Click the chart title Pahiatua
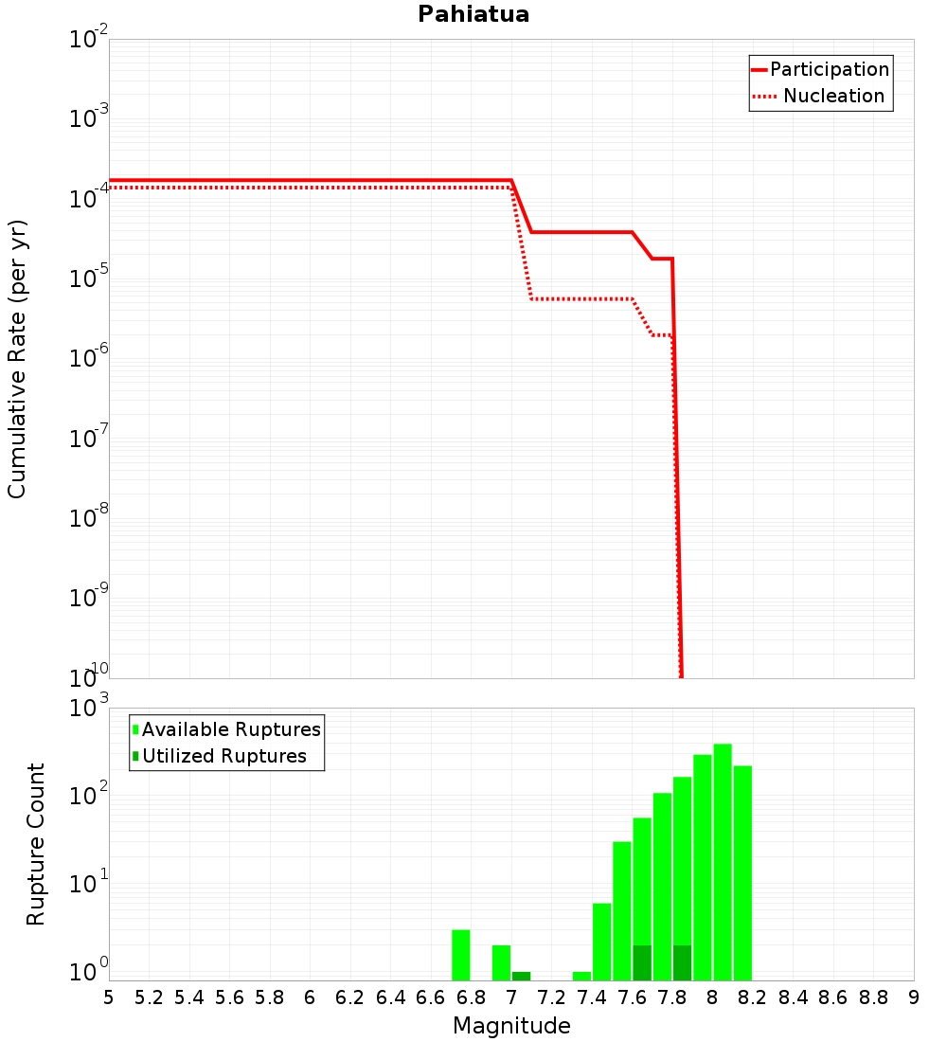473,14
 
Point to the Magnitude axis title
511,1026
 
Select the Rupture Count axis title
36,844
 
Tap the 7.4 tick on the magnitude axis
592,997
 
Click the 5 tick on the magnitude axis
109,997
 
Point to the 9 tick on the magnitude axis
914,997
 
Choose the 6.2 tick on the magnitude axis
350,997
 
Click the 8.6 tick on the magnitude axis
833,997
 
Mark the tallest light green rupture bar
723,862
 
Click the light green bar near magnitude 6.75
461,955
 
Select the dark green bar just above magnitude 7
521,976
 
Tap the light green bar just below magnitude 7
501,962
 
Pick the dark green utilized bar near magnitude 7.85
682,962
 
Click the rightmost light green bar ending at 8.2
742,872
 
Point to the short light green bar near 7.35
581,976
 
